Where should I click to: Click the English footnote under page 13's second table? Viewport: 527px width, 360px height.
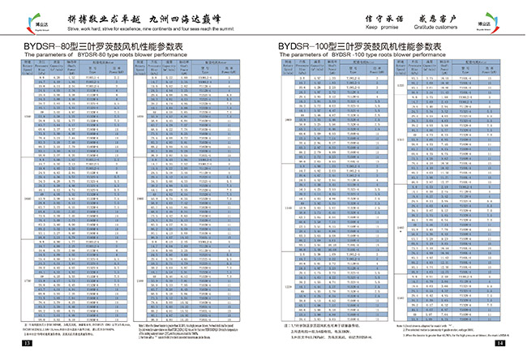[190, 329]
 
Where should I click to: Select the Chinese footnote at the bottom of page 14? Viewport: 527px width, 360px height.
[324, 328]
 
